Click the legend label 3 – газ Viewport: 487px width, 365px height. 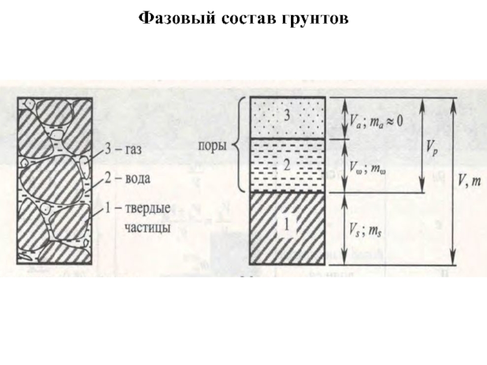coord(124,150)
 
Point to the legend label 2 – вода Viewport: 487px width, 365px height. coord(127,179)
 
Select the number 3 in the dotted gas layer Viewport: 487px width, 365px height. coord(287,114)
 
